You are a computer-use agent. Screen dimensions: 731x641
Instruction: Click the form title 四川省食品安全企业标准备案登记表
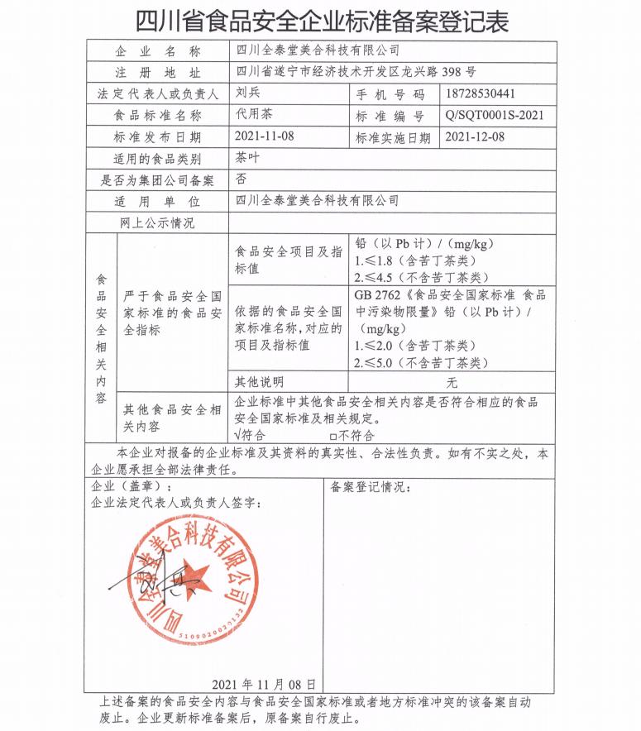(x=320, y=20)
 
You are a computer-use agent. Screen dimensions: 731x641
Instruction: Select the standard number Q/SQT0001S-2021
(x=494, y=116)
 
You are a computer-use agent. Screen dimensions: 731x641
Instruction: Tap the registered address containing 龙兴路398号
(x=356, y=73)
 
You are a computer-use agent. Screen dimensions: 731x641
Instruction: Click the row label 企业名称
(x=156, y=51)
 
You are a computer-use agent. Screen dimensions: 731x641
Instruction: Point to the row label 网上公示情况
(x=156, y=222)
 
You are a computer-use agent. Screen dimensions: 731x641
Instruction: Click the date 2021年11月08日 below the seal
(x=264, y=684)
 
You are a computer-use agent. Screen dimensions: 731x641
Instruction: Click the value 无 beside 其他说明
(x=452, y=383)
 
